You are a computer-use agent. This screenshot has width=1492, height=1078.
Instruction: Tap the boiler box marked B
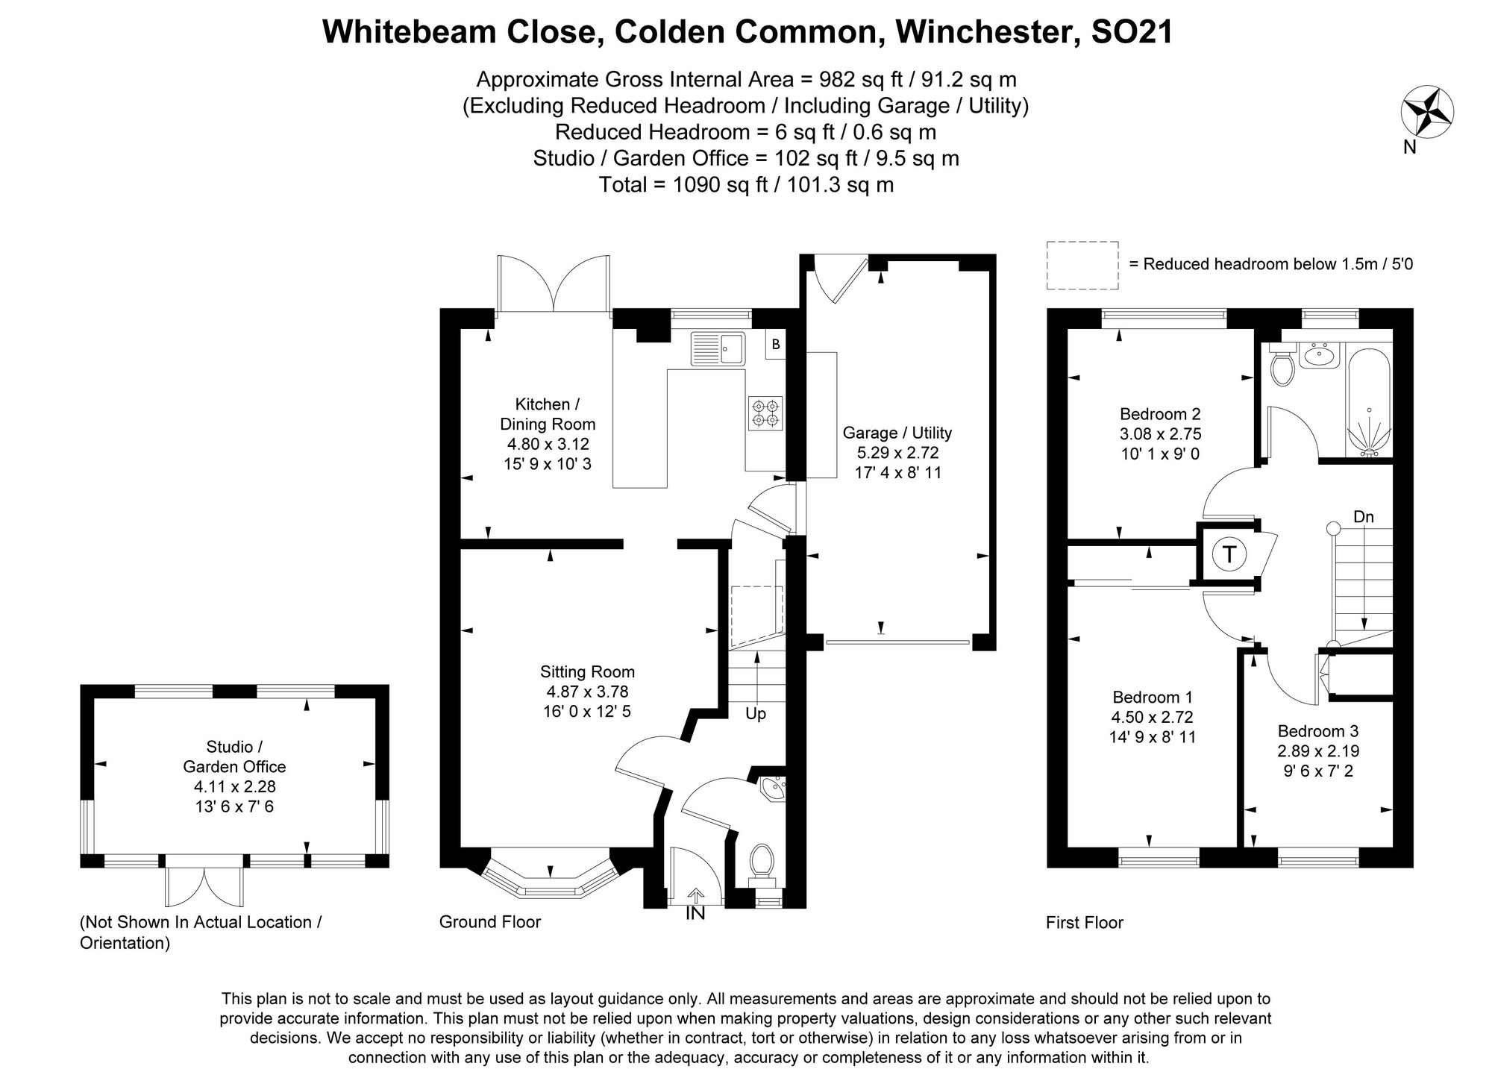[x=776, y=345]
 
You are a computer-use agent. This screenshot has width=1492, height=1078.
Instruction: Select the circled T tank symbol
[x=1229, y=554]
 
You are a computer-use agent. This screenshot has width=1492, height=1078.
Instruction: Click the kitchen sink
[x=718, y=348]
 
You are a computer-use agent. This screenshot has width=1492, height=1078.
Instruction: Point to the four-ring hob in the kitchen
[x=765, y=413]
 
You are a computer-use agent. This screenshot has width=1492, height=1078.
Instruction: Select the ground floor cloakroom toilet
[x=762, y=861]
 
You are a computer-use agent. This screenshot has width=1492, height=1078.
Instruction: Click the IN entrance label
[x=695, y=912]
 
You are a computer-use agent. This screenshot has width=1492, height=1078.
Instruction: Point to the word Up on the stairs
[x=756, y=714]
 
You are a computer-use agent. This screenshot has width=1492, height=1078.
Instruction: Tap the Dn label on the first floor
[x=1363, y=517]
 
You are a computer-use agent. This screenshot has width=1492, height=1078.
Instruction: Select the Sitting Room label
[x=588, y=671]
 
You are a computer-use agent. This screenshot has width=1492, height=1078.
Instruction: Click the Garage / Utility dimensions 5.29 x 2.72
[x=897, y=452]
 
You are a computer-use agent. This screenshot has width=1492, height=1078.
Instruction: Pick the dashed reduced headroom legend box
[x=1082, y=265]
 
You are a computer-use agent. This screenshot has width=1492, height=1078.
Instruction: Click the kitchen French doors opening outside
[x=554, y=283]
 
